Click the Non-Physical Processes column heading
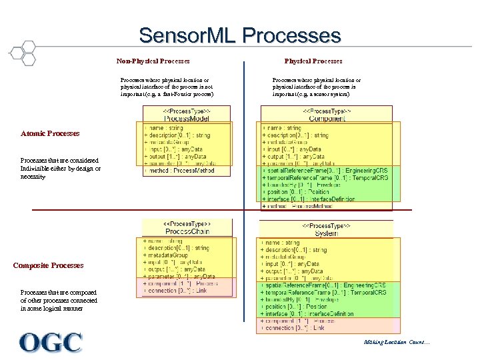pyautogui.click(x=153, y=61)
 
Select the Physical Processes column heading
pyautogui.click(x=313, y=61)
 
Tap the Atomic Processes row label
pyautogui.click(x=50, y=133)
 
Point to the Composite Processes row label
pyautogui.click(x=49, y=265)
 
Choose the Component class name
pyautogui.click(x=327, y=118)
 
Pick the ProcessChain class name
pyautogui.click(x=187, y=231)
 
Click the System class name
pyautogui.click(x=326, y=233)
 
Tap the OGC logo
pyautogui.click(x=51, y=343)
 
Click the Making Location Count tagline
pyautogui.click(x=397, y=343)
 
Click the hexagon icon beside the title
pyautogui.click(x=23, y=52)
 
